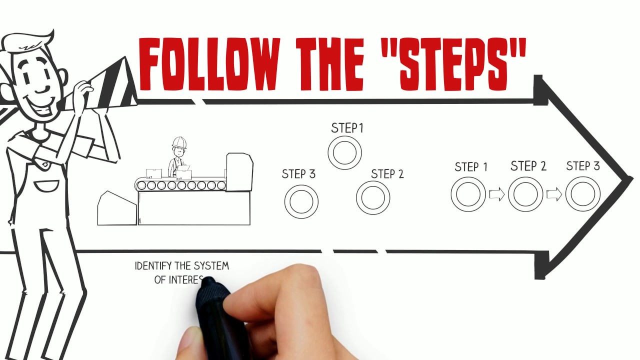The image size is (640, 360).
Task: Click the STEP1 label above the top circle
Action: pos(347,128)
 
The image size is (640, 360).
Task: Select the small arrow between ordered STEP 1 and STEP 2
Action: pos(497,194)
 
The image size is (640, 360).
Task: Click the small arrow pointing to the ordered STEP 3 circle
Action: pos(554,194)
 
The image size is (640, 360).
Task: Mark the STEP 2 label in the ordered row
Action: pos(528,166)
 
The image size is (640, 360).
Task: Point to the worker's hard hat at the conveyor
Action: pos(179,142)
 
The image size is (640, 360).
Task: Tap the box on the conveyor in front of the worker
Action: pos(183,174)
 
